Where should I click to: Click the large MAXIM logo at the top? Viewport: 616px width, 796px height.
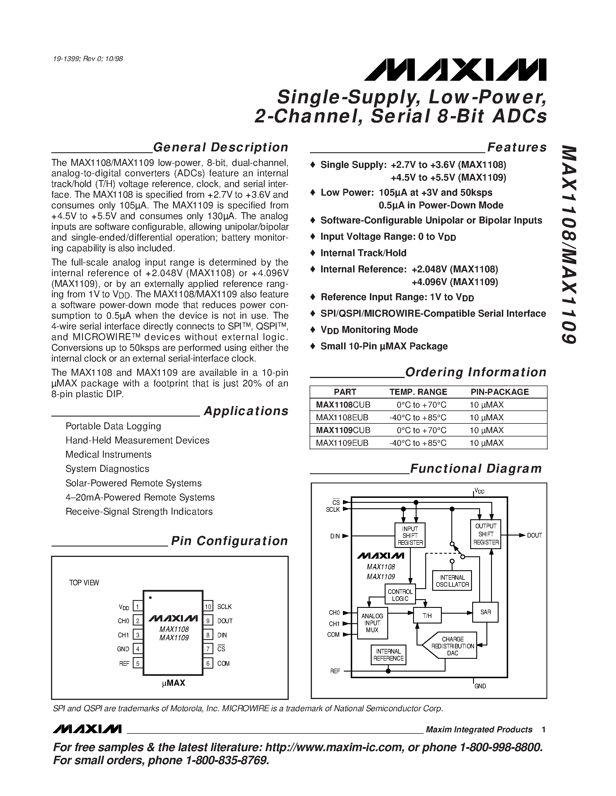455,69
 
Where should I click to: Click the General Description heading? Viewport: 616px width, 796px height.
220,147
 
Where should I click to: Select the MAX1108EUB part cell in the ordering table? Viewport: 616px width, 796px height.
342,417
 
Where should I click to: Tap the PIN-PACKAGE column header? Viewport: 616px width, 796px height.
499,392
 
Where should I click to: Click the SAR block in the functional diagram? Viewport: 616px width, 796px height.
485,612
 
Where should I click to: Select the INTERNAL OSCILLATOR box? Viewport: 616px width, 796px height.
452,581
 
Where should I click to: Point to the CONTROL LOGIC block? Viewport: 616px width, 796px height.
400,595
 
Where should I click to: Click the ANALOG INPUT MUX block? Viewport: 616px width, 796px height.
372,623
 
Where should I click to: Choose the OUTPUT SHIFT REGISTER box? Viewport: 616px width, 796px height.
486,534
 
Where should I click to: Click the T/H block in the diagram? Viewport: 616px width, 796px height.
427,616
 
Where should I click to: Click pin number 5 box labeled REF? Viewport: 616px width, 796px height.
138,663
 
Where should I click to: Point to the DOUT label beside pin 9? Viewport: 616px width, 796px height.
225,621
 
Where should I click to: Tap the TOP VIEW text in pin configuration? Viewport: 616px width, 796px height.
84,583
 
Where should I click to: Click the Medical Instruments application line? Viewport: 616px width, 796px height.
108,454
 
